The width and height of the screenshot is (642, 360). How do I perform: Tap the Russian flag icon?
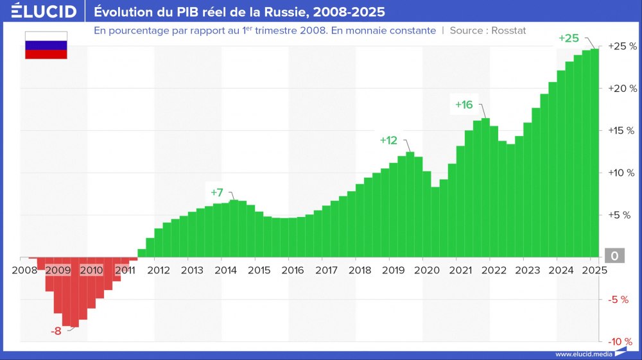[46, 46]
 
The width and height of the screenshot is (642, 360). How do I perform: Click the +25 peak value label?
[569, 39]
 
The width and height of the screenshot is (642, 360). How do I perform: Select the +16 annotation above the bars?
[464, 105]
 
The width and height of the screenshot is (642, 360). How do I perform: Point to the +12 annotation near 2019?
[388, 140]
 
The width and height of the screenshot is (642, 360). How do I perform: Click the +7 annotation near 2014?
[217, 192]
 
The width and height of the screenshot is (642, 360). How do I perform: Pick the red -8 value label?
[56, 332]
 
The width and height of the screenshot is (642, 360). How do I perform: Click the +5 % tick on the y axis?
[623, 215]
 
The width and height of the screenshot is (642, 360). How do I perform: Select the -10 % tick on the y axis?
[621, 341]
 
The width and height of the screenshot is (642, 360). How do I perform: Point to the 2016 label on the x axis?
[293, 270]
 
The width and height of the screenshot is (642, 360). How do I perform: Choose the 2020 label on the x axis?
[426, 270]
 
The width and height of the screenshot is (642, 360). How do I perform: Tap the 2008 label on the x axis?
[24, 270]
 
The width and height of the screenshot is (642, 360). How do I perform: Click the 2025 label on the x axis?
[594, 270]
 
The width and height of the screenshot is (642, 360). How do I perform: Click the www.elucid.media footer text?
[583, 354]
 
